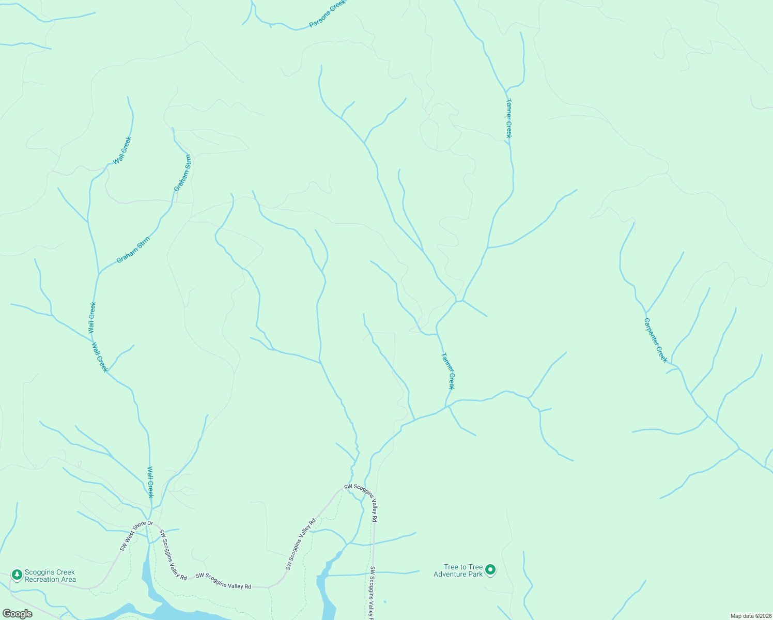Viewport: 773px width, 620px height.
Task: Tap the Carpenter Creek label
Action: coord(655,340)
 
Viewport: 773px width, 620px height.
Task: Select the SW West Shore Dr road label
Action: coord(136,536)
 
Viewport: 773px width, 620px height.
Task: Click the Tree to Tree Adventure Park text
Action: coord(458,570)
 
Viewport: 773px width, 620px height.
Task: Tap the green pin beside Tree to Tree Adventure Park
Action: coord(490,570)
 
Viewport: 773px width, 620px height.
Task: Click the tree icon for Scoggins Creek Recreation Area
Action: coord(17,575)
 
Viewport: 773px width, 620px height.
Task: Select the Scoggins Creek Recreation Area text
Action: coord(51,576)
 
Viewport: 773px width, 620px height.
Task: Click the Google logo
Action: coord(17,614)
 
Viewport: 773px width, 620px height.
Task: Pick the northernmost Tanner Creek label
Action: coord(508,118)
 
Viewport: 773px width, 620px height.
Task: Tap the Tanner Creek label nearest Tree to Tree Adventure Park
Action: coord(448,370)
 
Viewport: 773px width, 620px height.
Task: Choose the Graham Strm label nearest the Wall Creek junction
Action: coord(133,250)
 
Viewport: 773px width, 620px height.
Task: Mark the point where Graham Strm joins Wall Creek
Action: coord(98,273)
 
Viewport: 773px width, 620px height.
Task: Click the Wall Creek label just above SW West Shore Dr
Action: coord(150,482)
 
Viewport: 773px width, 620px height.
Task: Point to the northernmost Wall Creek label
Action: coord(123,150)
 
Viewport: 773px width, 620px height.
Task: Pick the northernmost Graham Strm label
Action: coord(182,173)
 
